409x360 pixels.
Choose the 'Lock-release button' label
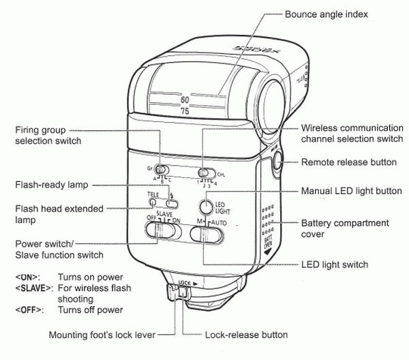246,335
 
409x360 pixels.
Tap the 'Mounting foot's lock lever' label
102,335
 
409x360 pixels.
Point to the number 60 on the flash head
185,100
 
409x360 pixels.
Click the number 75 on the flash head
185,110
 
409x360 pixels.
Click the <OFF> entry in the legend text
27,310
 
